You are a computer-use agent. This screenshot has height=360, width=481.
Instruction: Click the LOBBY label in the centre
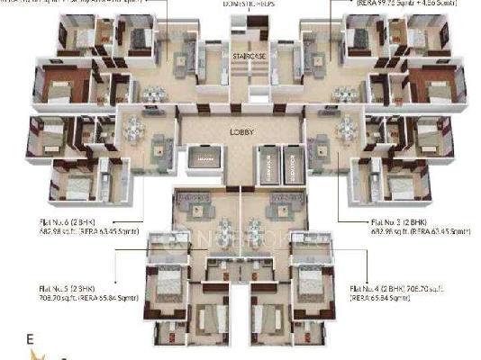click(x=240, y=131)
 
